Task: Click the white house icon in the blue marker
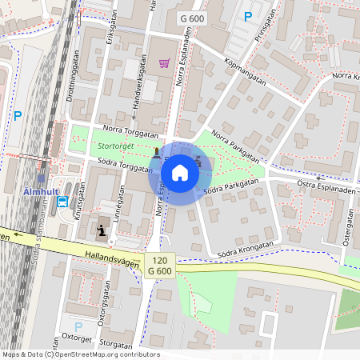(x=180, y=172)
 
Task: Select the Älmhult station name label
(x=38, y=192)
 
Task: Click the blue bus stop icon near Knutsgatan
(x=62, y=202)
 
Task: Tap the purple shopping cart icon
(x=164, y=63)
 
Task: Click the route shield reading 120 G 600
(x=161, y=266)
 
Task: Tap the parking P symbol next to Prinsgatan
(x=248, y=17)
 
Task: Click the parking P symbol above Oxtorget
(x=78, y=326)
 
